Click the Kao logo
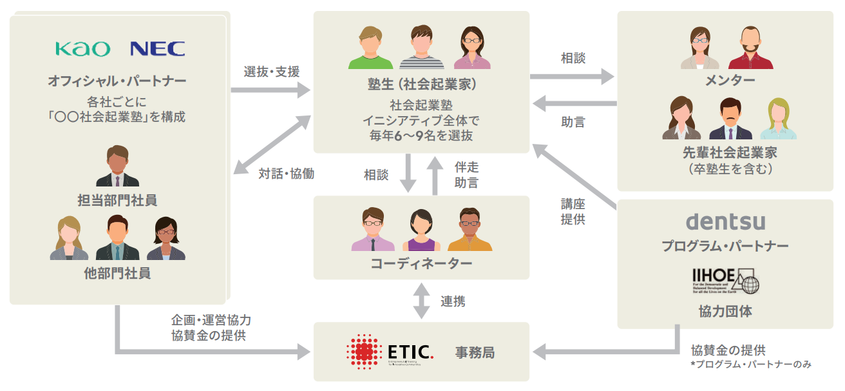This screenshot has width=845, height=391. point(82,49)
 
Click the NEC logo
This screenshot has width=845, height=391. point(157,49)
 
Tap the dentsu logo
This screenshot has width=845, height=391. point(725,221)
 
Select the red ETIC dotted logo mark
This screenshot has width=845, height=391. point(365,352)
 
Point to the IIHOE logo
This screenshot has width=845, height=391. point(725,281)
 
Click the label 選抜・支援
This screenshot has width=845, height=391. point(272,72)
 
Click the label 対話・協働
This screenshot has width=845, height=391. point(287,174)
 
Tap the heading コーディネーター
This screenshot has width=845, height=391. point(421,264)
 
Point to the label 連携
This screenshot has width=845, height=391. point(453,301)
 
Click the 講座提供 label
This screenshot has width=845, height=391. point(573,210)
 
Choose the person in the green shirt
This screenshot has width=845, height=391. point(370,48)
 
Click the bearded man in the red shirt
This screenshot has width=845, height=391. point(750,48)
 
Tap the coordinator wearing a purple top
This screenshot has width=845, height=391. point(421,230)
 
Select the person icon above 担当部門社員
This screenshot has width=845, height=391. point(117,167)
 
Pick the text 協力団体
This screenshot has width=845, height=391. point(725,311)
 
